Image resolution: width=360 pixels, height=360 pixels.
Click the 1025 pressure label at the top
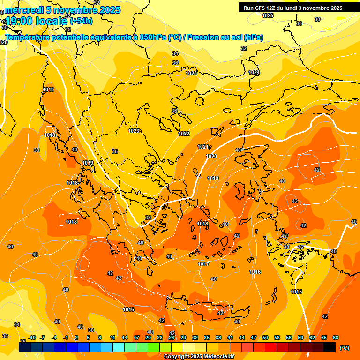[268, 15]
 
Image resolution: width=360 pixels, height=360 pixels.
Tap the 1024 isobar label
[254, 72]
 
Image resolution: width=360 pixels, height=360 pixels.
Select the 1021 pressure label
[203, 147]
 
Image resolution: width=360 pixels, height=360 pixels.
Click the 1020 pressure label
[211, 156]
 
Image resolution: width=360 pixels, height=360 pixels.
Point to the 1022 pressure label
[184, 134]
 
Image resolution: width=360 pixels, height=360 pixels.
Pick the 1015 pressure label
[296, 292]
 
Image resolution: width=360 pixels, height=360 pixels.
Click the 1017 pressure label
[203, 264]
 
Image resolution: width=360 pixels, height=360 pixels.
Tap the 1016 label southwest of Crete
[128, 309]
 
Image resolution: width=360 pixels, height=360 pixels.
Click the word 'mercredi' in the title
[22, 9]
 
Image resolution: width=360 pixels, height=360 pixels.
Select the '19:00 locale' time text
[37, 21]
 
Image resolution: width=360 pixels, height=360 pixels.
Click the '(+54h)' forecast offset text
[81, 21]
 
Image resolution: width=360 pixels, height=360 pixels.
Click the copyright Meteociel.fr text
[198, 356]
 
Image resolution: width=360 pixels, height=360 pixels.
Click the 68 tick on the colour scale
[335, 337]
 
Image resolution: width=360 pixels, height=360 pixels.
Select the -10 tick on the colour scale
[32, 337]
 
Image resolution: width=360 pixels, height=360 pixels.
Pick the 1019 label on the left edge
[48, 90]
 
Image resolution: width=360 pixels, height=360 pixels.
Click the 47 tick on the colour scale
[254, 337]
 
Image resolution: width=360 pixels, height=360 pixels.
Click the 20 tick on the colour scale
[148, 337]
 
